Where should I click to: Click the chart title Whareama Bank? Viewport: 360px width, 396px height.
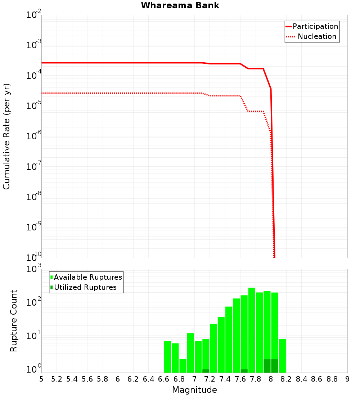point(180,5)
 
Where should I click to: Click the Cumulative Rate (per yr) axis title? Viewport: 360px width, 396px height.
point(6,136)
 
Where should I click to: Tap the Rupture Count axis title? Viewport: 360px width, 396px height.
point(14,321)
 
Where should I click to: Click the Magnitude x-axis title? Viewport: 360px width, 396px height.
point(194,390)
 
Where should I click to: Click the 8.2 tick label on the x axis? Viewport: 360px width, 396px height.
point(286,379)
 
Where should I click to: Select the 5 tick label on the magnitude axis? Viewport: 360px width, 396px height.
point(41,379)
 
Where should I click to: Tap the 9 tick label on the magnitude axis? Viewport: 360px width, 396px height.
point(347,379)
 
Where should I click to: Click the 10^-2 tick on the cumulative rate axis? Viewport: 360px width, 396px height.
point(34,15)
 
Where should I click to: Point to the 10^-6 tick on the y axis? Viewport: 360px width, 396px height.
point(34,136)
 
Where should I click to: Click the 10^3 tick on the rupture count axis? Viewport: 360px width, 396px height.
point(35,269)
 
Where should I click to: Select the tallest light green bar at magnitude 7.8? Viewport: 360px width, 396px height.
point(252,329)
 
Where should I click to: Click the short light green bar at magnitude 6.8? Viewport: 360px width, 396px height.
point(183,365)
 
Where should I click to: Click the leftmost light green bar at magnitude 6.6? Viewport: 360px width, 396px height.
point(167,356)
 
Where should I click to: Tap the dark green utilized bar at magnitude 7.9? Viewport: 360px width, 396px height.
point(267,366)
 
